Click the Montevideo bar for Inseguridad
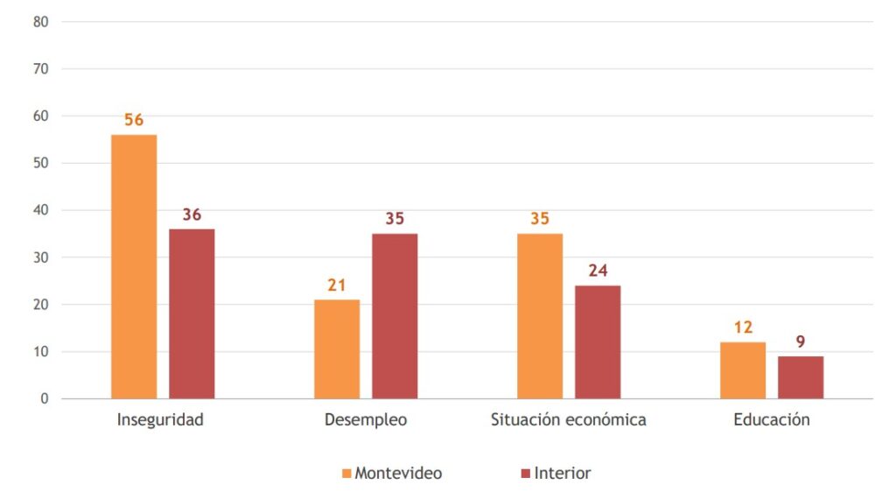coord(134,267)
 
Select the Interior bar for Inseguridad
coord(192,313)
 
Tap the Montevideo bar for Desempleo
coord(337,349)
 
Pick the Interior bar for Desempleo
coord(395,316)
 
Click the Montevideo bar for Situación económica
coord(540,316)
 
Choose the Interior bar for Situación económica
coord(598,342)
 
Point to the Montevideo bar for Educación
coord(743,370)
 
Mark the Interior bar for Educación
coord(801,377)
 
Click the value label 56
coord(134,120)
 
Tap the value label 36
coord(192,214)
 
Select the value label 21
coord(337,285)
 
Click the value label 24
coord(598,271)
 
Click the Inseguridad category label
coord(160,419)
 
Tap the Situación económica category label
coord(569,419)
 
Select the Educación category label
coord(772,419)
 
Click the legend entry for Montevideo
coord(392,474)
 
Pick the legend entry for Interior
coord(556,474)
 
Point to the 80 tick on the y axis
coord(40,21)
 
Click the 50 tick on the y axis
coord(40,163)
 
